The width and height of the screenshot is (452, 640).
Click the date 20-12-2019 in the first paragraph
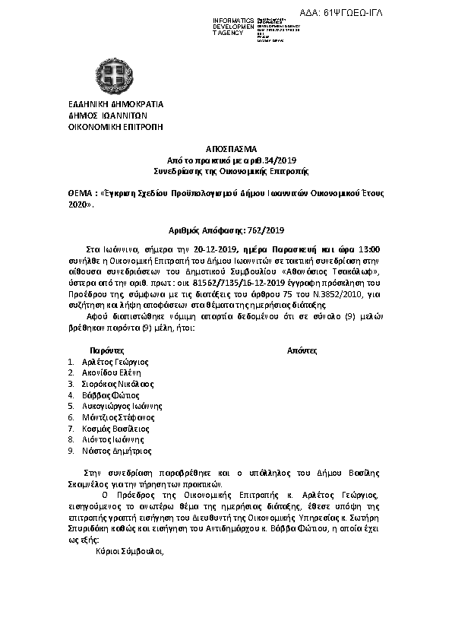(218, 249)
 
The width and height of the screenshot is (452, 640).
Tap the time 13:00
(368, 249)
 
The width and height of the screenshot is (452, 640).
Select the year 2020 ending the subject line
(79, 205)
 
